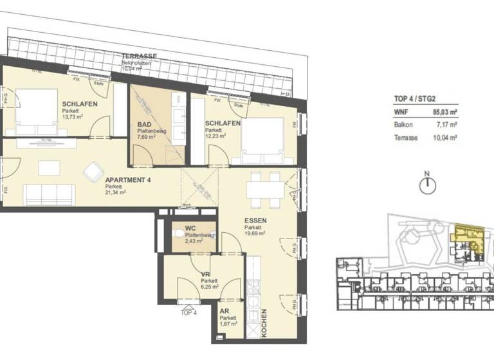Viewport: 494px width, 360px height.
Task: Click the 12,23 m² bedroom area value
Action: [x=216, y=136]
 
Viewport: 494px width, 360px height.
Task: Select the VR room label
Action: [x=206, y=273]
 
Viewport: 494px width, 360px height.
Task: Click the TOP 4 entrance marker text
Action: [x=189, y=312]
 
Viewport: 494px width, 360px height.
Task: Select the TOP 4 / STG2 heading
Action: [x=415, y=99]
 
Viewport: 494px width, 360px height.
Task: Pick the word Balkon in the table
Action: [x=404, y=125]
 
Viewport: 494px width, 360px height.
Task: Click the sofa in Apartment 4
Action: [x=49, y=193]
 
